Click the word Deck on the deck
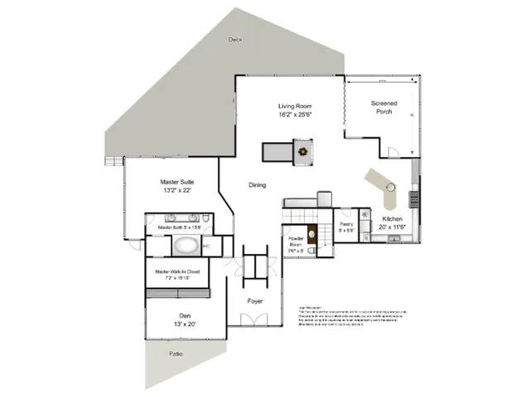coord(237,39)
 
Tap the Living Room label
coord(293,106)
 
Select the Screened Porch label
coord(383,108)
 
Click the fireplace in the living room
coord(305,151)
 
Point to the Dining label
coord(258,185)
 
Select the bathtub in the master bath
coord(185,246)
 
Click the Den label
coord(185,316)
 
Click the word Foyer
coord(255,301)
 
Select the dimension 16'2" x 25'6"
coord(293,116)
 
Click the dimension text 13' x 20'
coord(185,325)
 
